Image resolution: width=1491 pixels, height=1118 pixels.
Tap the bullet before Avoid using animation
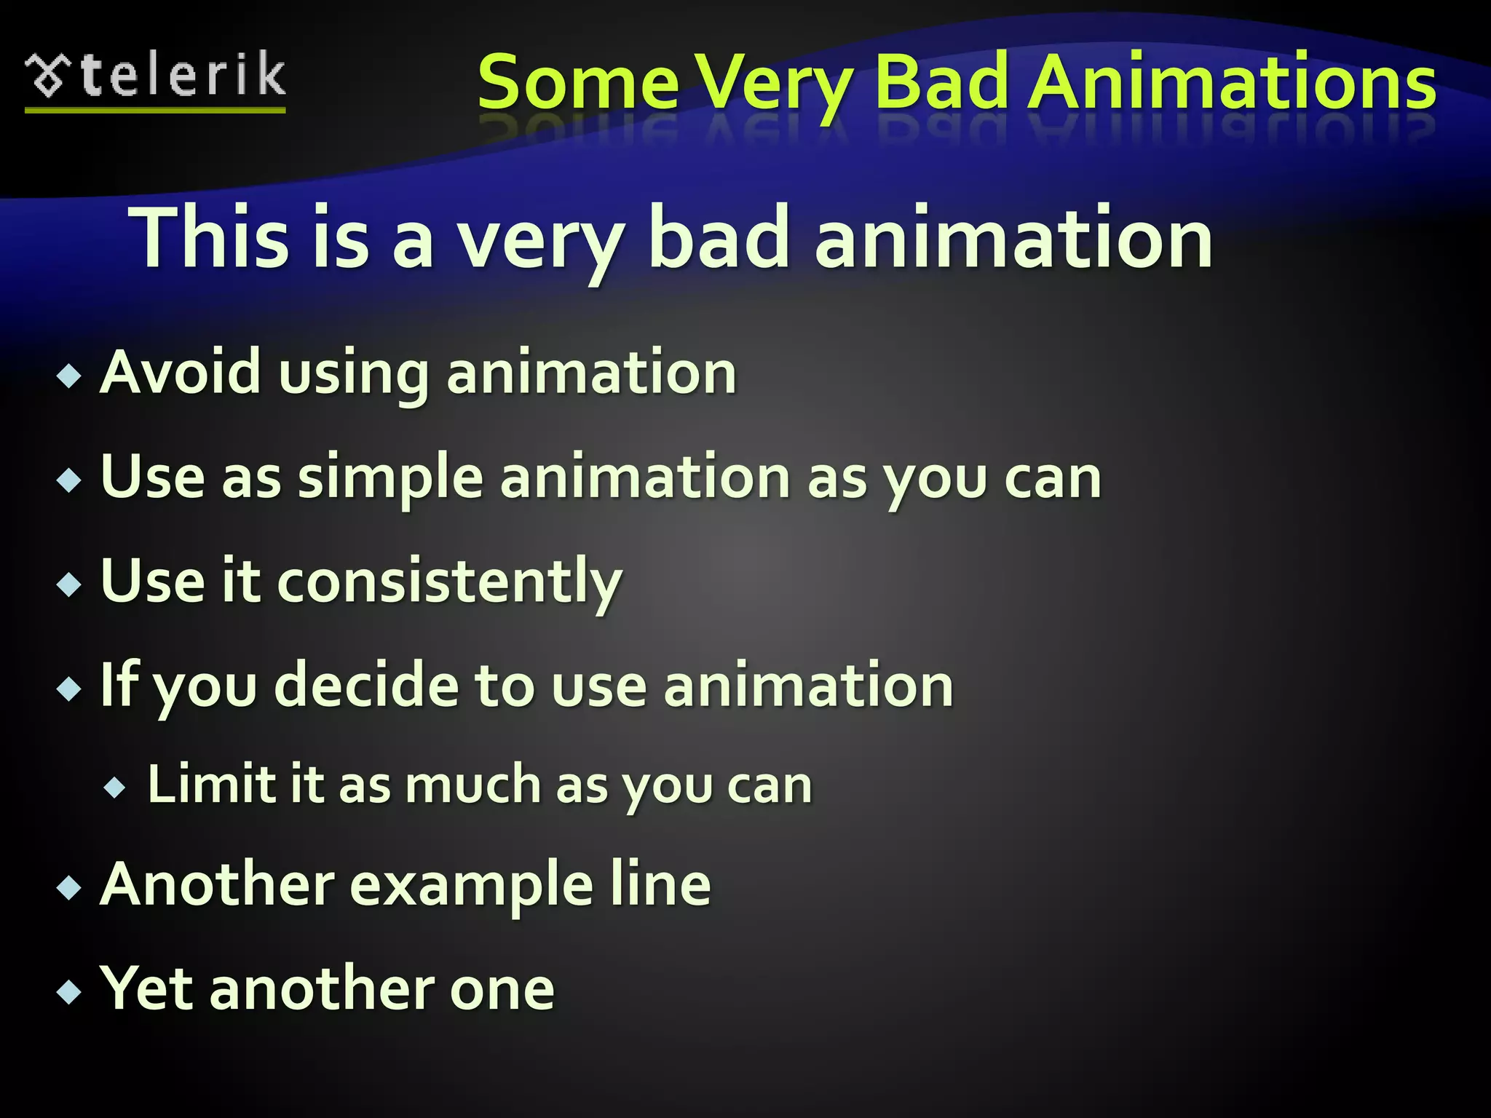tap(69, 376)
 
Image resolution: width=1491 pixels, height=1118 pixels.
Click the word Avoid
tap(180, 372)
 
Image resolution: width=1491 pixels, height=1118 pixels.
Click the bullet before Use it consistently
tap(69, 584)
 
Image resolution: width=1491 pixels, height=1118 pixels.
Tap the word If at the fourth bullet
tap(119, 683)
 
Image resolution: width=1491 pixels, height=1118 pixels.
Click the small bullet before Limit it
tap(115, 787)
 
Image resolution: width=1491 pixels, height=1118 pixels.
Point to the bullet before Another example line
tap(69, 887)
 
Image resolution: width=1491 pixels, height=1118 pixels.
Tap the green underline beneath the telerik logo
tap(155, 110)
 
